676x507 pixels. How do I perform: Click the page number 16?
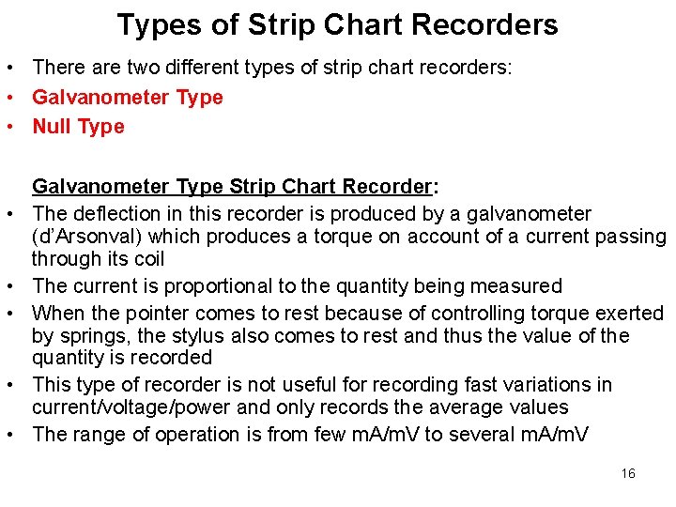pyautogui.click(x=628, y=473)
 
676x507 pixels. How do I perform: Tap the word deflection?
pyautogui.click(x=115, y=214)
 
